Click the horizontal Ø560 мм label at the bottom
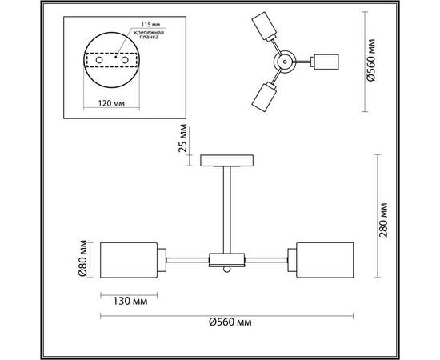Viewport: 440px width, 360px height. [x=230, y=322]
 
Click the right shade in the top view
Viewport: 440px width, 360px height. [x=328, y=62]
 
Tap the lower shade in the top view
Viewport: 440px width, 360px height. [x=262, y=98]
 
